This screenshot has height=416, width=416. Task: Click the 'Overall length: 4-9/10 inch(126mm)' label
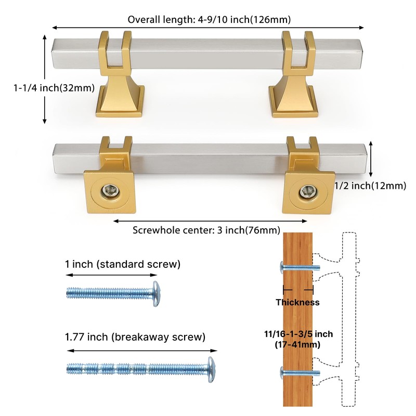[209, 20]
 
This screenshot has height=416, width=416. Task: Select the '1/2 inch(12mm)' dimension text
[370, 186]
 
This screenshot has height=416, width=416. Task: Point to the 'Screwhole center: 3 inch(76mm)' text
[206, 230]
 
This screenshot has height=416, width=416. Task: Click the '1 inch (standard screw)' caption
[123, 264]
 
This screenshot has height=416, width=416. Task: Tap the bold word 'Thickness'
[297, 302]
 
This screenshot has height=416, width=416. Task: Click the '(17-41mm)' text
[297, 344]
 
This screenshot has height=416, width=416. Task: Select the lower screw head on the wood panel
[283, 373]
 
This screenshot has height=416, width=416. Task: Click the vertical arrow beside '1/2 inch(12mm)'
[371, 159]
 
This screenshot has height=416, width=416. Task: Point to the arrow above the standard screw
[112, 276]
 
